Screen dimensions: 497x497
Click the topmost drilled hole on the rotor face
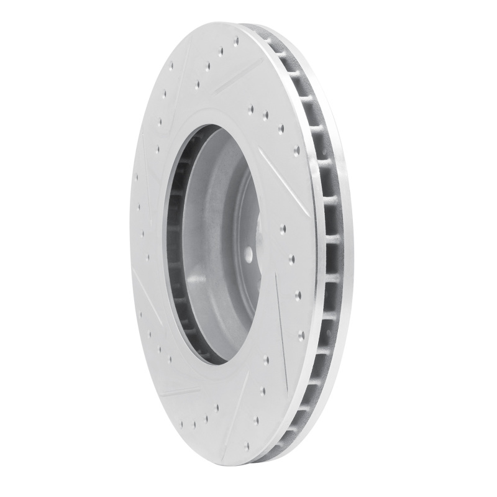237,42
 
